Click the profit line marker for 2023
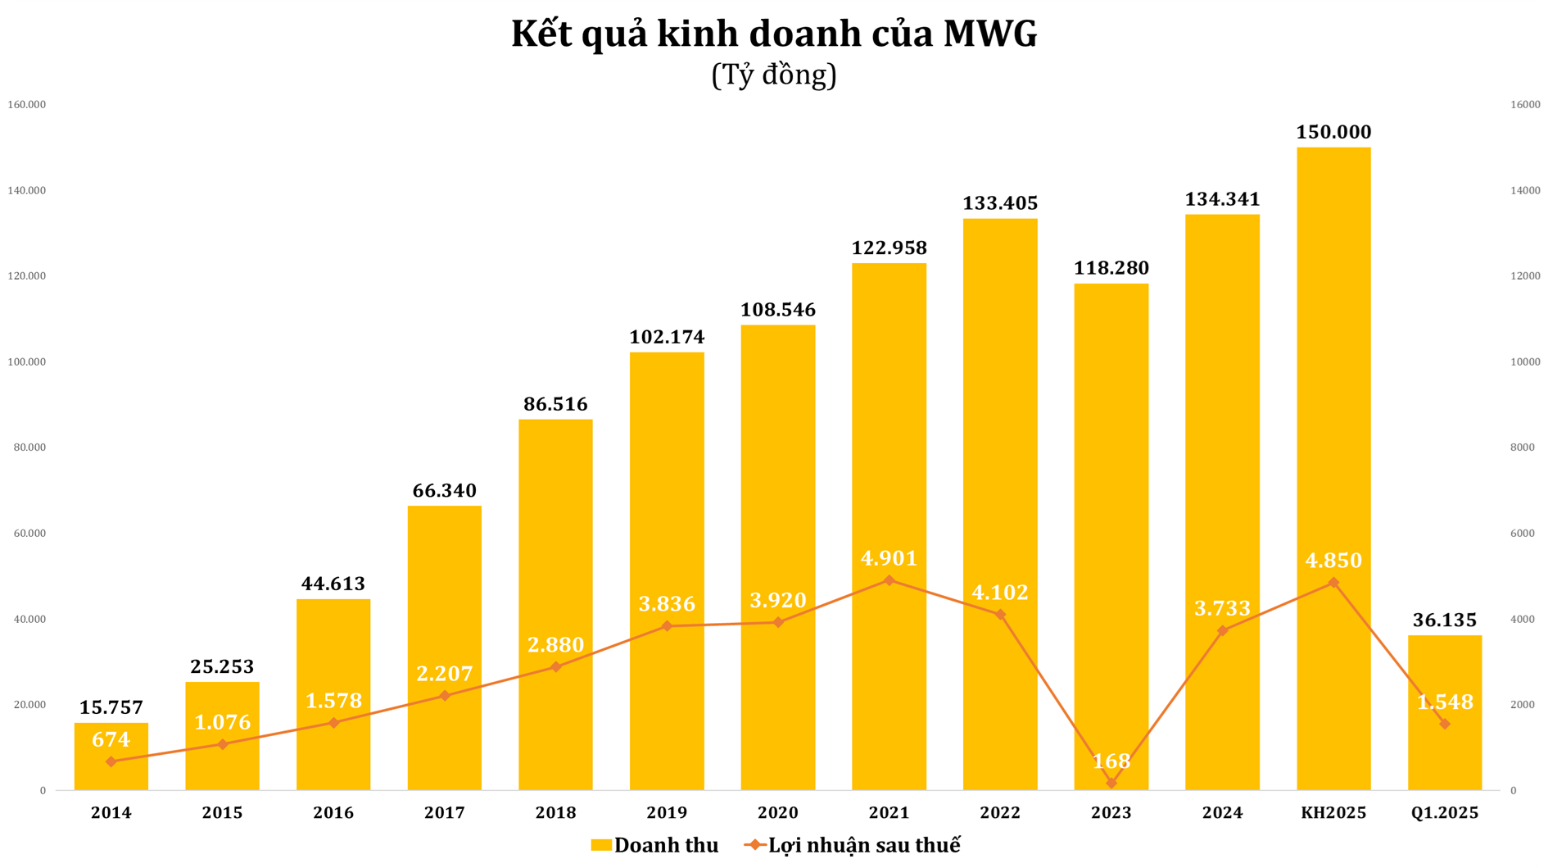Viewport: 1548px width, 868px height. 1111,784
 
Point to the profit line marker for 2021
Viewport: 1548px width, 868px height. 889,580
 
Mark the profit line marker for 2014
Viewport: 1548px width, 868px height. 111,761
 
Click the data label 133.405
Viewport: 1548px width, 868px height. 1000,203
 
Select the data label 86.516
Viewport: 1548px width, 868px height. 555,404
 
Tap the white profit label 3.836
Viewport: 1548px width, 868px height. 667,604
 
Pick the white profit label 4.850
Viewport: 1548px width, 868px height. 1333,561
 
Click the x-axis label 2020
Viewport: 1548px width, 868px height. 778,813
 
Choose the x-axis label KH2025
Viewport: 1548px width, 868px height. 1333,813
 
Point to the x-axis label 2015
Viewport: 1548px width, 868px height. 222,813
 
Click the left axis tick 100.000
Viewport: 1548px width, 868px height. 27,362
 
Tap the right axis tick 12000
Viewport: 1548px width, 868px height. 1525,276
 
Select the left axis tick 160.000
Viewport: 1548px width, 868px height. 27,105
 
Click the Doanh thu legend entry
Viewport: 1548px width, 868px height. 654,845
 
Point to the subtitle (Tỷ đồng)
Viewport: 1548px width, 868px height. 774,75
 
